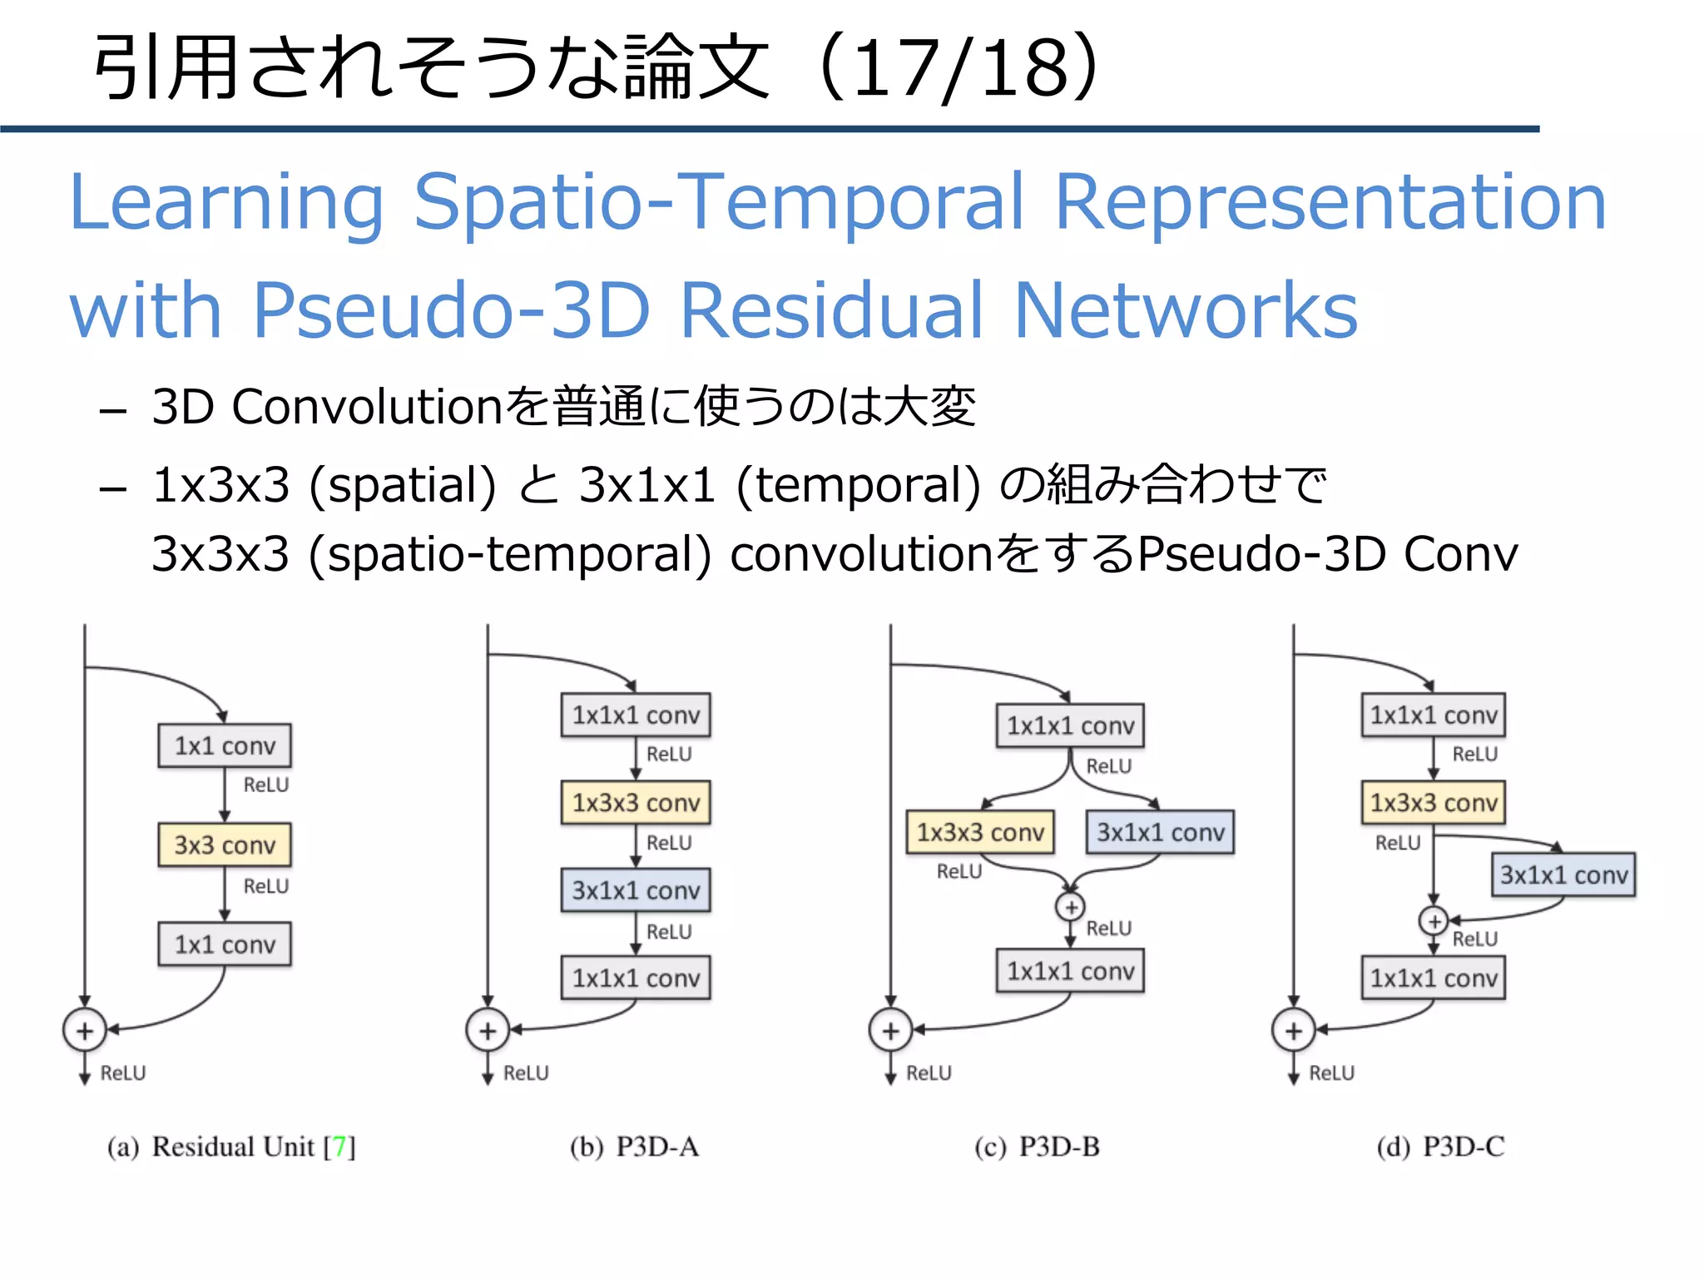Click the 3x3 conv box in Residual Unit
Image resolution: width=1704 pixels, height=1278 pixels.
tap(225, 845)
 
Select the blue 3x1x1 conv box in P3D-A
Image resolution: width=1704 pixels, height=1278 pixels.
tap(636, 890)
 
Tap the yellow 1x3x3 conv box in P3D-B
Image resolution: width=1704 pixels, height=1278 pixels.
tap(980, 832)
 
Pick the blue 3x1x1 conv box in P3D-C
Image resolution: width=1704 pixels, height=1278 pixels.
tap(1563, 874)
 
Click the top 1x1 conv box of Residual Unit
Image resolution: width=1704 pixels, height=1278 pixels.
tap(225, 745)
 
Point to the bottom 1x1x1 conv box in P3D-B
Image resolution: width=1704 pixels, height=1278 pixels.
tap(1071, 970)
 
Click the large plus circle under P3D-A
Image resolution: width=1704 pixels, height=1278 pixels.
tap(488, 1031)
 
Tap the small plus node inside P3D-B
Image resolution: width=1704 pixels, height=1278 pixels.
tap(1071, 907)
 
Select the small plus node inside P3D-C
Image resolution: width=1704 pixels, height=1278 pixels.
tap(1433, 921)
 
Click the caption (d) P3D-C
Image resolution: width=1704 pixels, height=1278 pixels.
tap(1440, 1147)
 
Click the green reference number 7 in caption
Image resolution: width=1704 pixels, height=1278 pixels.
tap(339, 1147)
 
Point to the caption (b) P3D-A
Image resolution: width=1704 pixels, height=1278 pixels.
tap(634, 1147)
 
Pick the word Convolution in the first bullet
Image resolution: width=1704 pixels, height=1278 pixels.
tap(367, 407)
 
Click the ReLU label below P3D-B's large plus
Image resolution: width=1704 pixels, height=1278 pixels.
tap(929, 1073)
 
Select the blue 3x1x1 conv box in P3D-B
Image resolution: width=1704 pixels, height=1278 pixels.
tap(1161, 832)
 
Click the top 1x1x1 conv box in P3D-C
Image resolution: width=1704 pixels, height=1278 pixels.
tap(1433, 715)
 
